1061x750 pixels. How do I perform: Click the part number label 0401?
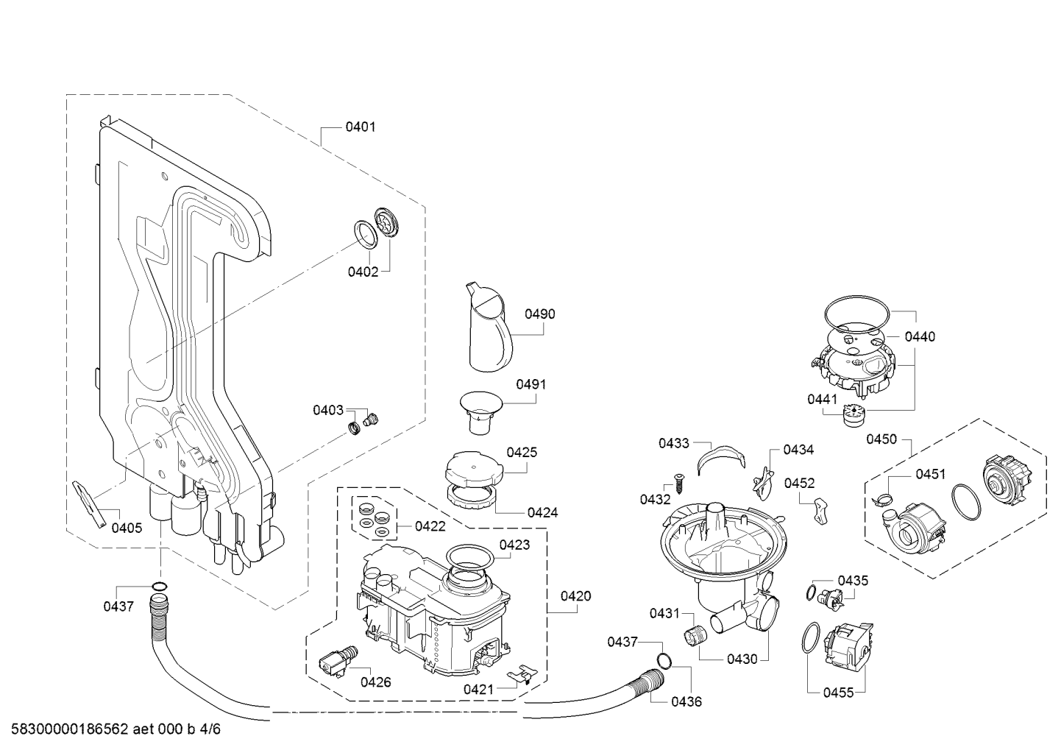pyautogui.click(x=361, y=127)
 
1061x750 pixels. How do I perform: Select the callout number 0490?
pyautogui.click(x=540, y=314)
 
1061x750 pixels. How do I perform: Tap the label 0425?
pyautogui.click(x=522, y=453)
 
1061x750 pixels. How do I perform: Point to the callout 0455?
pyautogui.click(x=838, y=693)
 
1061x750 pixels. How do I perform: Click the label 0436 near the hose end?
pyautogui.click(x=686, y=701)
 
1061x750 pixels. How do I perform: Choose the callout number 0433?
pyautogui.click(x=674, y=444)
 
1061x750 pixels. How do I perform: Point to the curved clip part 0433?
pyautogui.click(x=721, y=457)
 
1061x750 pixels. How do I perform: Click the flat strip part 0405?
pyautogui.click(x=90, y=504)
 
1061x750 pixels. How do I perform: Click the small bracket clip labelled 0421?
pyautogui.click(x=522, y=675)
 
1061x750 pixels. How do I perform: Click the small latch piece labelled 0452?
pyautogui.click(x=822, y=511)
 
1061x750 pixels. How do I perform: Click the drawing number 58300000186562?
pyautogui.click(x=70, y=729)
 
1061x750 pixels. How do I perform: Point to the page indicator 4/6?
pyautogui.click(x=210, y=729)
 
